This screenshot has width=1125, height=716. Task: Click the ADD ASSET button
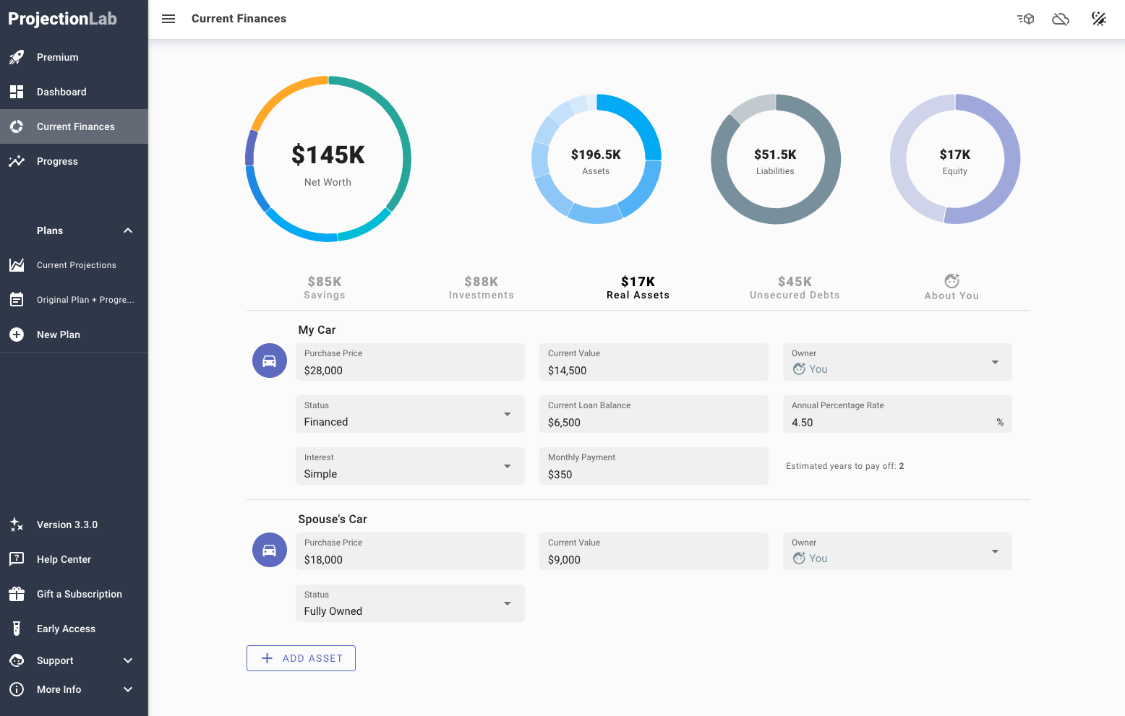point(301,658)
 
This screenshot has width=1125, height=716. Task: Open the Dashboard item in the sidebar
point(61,92)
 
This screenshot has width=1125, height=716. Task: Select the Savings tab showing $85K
point(325,287)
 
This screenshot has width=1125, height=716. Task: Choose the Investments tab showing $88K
point(481,287)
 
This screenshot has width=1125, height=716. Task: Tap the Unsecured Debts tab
point(795,287)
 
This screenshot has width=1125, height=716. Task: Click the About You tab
point(951,287)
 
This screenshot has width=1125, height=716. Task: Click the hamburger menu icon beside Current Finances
point(168,19)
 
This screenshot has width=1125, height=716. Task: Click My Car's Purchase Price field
point(409,363)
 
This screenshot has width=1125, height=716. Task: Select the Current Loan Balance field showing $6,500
point(653,415)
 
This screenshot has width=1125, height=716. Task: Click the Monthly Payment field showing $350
point(653,467)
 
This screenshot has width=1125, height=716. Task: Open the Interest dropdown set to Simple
point(409,467)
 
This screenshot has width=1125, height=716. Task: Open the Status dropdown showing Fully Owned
point(409,604)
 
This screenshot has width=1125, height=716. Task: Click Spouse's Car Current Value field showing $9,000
point(653,552)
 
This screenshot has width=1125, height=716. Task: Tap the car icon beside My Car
point(270,361)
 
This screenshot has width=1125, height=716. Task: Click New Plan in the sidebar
point(59,335)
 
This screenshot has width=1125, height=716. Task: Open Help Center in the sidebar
point(64,559)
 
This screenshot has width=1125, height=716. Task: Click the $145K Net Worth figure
point(328,155)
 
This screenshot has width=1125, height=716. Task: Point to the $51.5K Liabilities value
point(775,155)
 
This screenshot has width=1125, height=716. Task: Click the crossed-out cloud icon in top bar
point(1061,19)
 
